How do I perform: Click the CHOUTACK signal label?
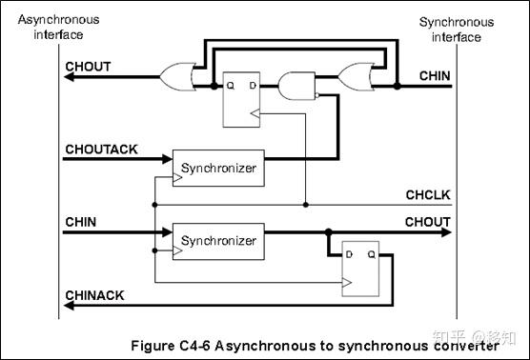pyautogui.click(x=102, y=150)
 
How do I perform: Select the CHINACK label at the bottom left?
pyautogui.click(x=94, y=295)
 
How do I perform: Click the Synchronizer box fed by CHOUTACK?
pyautogui.click(x=218, y=167)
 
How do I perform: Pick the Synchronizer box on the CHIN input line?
pyautogui.click(x=218, y=241)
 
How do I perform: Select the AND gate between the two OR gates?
pyautogui.click(x=294, y=88)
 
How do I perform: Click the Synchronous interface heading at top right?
pyautogui.click(x=456, y=29)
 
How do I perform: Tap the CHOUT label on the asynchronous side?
pyautogui.click(x=89, y=66)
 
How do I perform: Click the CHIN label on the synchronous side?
pyautogui.click(x=435, y=75)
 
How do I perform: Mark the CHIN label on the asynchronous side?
pyautogui.click(x=81, y=221)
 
